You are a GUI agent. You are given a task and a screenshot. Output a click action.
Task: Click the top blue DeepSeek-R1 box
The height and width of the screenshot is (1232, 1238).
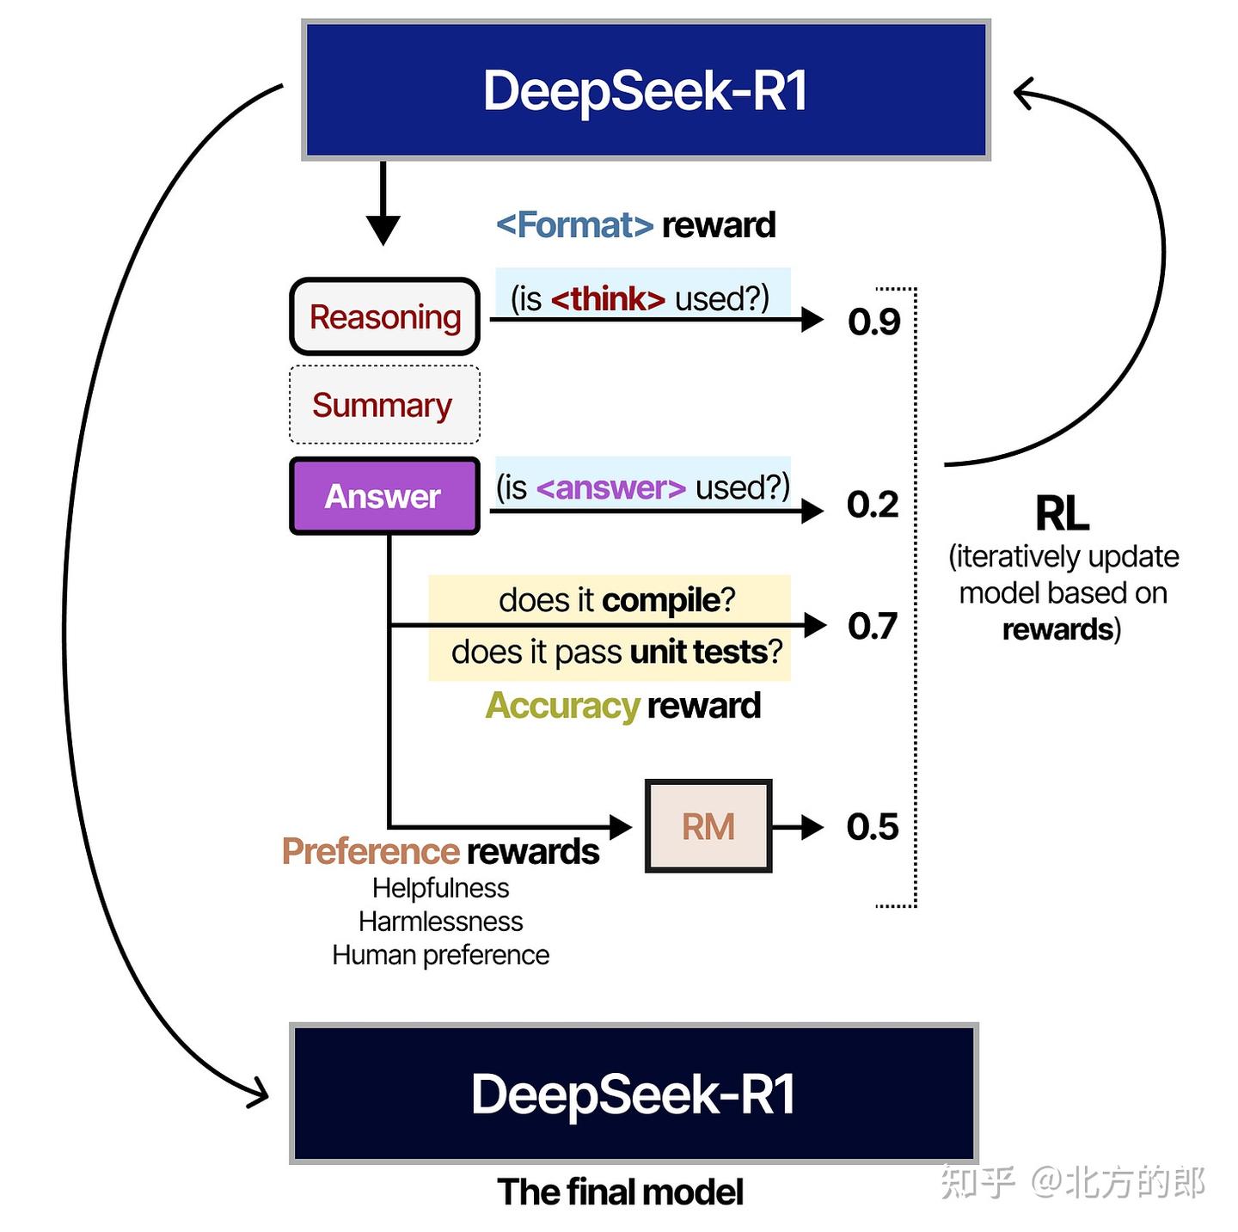pos(645,90)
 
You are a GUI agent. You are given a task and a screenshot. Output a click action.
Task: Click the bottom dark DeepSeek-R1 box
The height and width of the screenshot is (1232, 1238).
pos(634,1094)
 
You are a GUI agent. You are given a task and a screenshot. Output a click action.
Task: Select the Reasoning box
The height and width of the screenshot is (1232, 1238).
pos(384,316)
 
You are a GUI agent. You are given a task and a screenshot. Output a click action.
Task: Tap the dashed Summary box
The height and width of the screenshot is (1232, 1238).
pos(383,405)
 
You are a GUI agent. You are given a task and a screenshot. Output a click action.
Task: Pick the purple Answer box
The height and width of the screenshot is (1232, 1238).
pos(383,496)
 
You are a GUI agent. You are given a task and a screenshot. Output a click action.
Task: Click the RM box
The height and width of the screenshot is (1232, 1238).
pos(708,826)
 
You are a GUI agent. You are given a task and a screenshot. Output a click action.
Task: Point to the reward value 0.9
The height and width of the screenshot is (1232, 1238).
pos(873,322)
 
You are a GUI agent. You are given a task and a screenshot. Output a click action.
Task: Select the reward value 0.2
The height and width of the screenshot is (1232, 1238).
pos(873,505)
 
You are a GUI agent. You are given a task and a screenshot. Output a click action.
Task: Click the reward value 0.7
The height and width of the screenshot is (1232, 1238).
pos(873,626)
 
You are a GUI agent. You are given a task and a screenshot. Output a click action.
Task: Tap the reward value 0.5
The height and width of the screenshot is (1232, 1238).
pos(873,827)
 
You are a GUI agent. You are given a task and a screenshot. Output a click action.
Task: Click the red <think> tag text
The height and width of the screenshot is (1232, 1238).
pos(608,299)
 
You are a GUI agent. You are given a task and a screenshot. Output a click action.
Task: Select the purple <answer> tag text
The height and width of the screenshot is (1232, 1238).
pos(610,487)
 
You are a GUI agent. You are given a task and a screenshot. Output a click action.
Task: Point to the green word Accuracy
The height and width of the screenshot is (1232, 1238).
pos(562,706)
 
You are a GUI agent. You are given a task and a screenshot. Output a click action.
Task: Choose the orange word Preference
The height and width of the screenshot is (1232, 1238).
pos(371,851)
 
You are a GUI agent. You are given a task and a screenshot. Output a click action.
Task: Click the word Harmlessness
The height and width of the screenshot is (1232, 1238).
pos(440,922)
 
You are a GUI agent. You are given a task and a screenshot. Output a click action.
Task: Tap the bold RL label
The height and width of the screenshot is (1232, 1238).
pos(1062,514)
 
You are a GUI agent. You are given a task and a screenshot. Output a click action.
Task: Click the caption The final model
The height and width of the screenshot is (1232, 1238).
pos(620,1192)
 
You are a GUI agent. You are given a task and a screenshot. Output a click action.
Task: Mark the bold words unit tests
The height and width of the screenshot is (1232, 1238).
pos(698,653)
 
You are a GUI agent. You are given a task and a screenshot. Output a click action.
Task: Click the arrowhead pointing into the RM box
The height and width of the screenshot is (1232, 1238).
pos(621,827)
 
